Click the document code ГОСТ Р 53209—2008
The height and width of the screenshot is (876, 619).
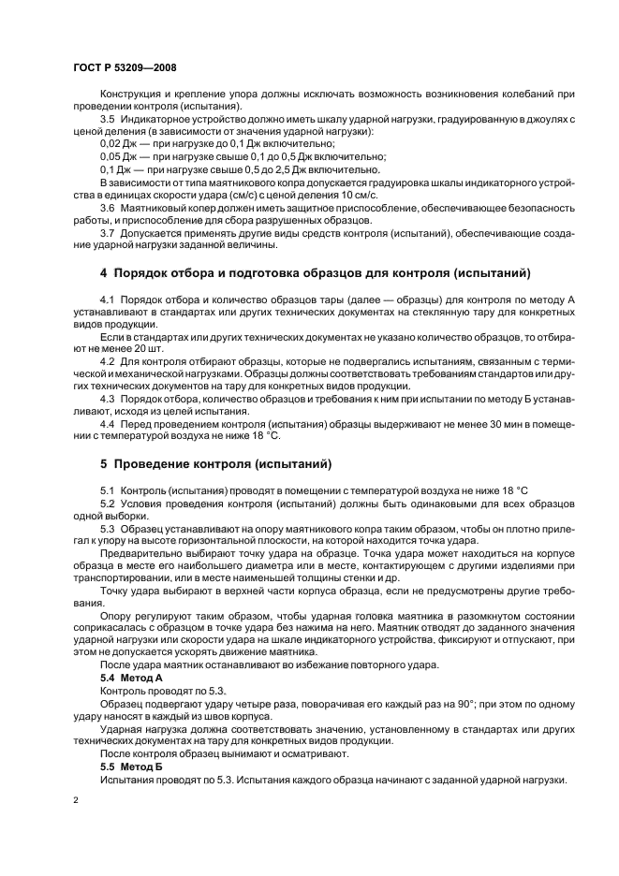pyautogui.click(x=125, y=69)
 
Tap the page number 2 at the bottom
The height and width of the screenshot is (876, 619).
pyautogui.click(x=76, y=801)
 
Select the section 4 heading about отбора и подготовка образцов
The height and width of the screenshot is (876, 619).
pyautogui.click(x=316, y=272)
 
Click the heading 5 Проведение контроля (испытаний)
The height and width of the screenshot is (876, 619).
pyautogui.click(x=215, y=463)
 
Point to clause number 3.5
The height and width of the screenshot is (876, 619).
pyautogui.click(x=108, y=121)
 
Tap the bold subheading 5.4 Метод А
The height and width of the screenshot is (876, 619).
pyautogui.click(x=132, y=676)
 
